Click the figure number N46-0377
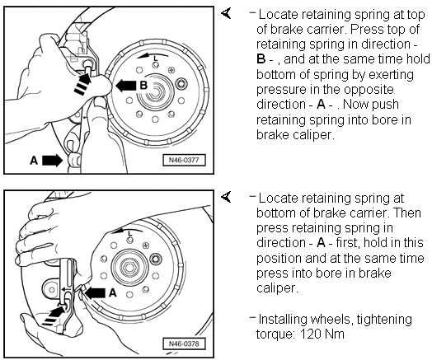click(x=184, y=160)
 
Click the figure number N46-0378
click(x=184, y=344)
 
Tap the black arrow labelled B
click(x=125, y=86)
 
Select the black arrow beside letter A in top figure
click(x=52, y=160)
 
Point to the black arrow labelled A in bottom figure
click(x=95, y=293)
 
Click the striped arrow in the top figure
click(x=82, y=84)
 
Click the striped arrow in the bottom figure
click(x=54, y=315)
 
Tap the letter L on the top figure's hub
click(x=156, y=58)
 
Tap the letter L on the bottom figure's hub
click(x=130, y=233)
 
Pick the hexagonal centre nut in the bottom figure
click(x=129, y=267)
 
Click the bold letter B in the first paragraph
click(x=261, y=58)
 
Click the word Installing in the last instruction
click(x=284, y=320)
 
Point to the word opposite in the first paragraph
click(x=369, y=90)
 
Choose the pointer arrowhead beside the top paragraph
click(x=226, y=13)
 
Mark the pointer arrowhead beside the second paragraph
click(x=226, y=198)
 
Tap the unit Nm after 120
click(x=335, y=334)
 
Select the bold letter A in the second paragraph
click(x=321, y=243)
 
